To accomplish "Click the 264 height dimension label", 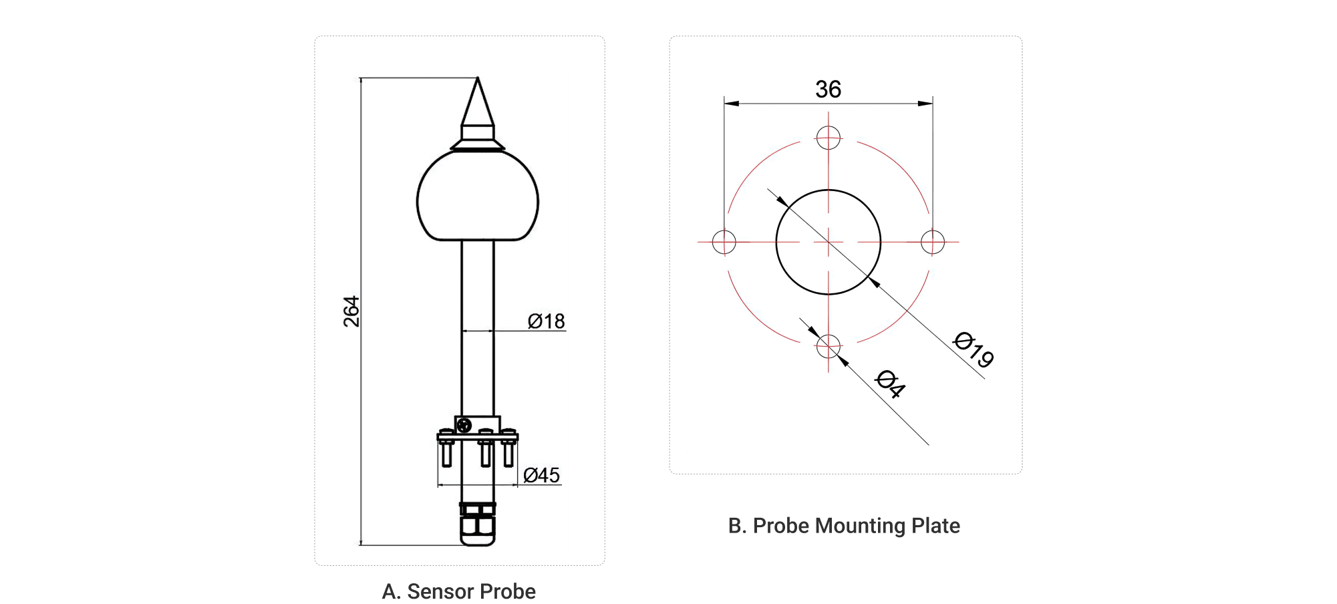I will coord(351,311).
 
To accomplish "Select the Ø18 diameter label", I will coord(546,321).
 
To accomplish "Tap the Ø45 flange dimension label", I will coord(542,475).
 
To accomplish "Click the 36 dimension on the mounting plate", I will coord(828,90).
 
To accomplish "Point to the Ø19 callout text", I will coord(973,349).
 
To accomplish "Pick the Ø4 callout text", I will coord(891,384).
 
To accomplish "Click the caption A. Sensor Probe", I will coord(458,591).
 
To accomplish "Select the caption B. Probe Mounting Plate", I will coord(843,526).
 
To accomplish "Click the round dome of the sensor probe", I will coord(478,197).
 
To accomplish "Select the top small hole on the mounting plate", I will coord(828,138).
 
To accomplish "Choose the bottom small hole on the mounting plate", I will coord(828,346).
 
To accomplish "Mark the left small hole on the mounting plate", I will coord(724,242).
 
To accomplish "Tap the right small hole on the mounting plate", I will coord(933,242).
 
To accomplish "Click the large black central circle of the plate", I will coord(828,242).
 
